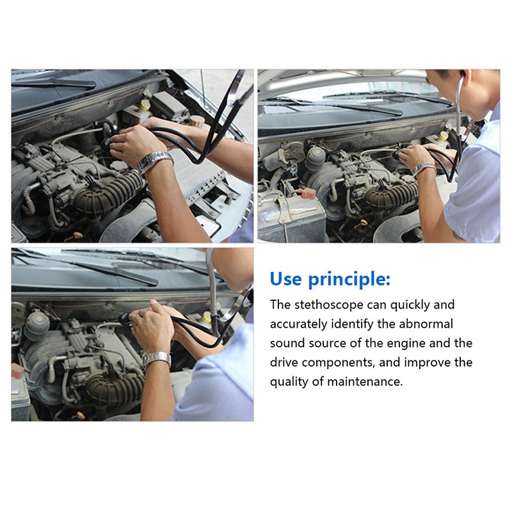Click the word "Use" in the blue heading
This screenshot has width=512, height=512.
click(x=285, y=279)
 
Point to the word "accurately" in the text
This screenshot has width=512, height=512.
click(x=298, y=324)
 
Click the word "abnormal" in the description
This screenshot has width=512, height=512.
click(x=426, y=324)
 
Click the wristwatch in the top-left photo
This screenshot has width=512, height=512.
click(x=155, y=162)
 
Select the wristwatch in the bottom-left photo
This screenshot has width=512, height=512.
click(x=157, y=358)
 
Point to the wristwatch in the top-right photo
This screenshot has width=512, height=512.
click(x=424, y=169)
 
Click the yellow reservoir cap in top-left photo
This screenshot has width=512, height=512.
click(x=145, y=104)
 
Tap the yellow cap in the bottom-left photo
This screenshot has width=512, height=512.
click(x=207, y=316)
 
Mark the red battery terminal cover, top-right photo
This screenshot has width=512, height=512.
click(x=307, y=193)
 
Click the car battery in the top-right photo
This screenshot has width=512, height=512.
click(x=292, y=216)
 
